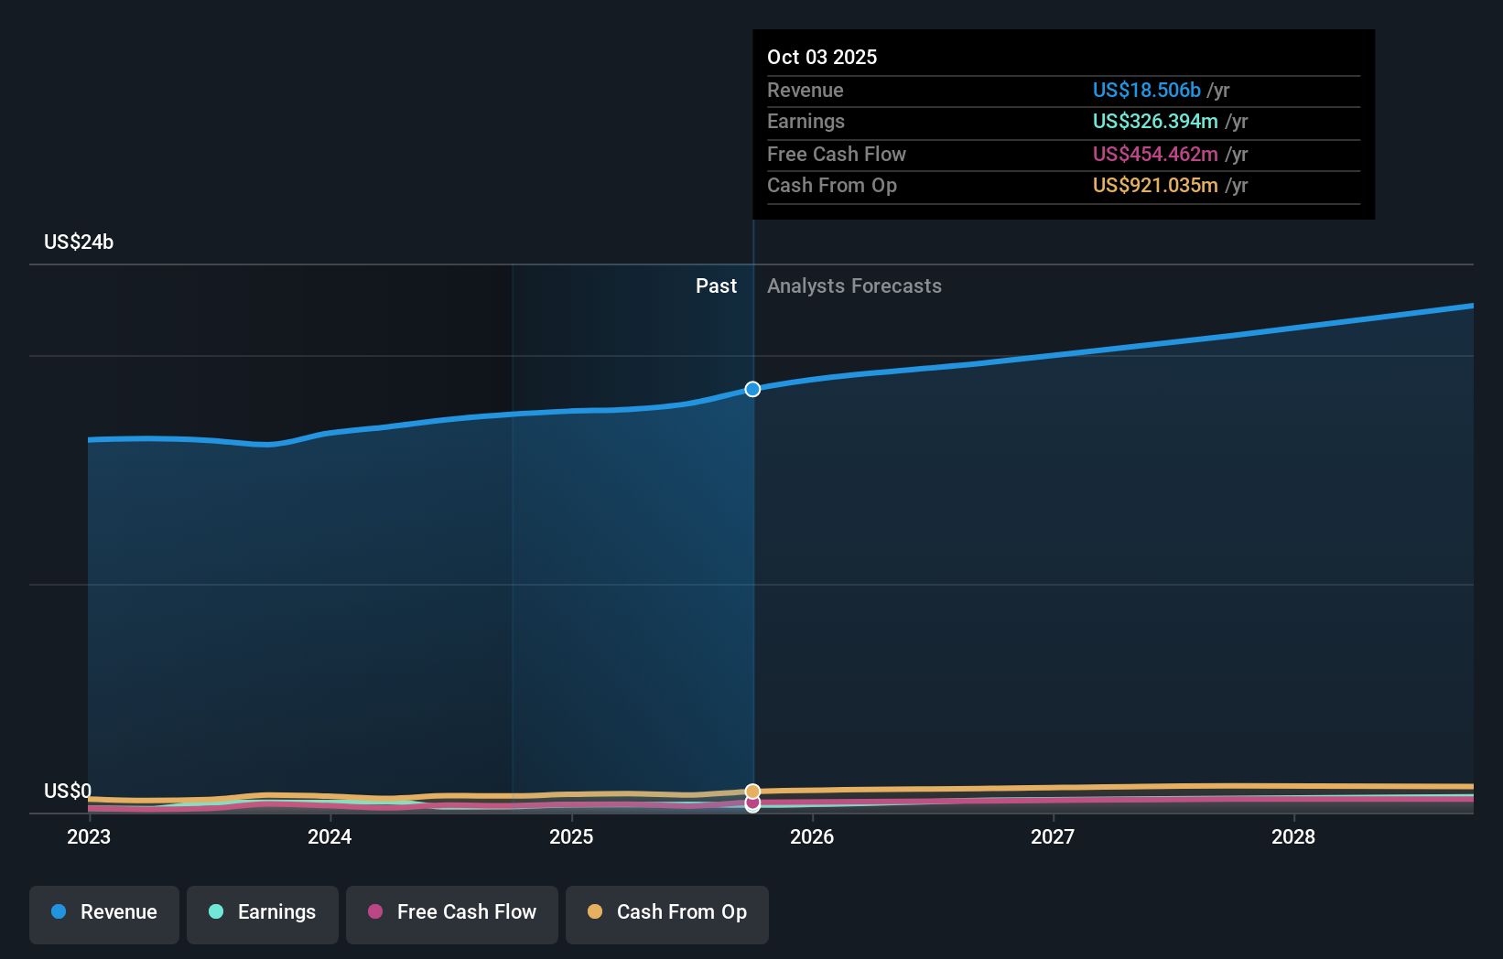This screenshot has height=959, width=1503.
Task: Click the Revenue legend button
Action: point(104,913)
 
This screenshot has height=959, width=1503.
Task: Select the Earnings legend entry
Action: point(263,913)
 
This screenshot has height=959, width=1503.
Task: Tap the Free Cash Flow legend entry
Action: point(452,913)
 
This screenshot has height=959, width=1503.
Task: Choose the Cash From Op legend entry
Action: point(667,913)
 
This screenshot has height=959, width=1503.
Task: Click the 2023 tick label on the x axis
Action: point(89,837)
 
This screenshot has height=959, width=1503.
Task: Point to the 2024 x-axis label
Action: point(330,837)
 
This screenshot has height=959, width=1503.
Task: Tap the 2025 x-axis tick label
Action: point(571,837)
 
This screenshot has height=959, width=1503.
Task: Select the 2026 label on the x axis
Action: point(812,837)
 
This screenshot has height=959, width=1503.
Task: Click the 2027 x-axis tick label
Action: point(1053,837)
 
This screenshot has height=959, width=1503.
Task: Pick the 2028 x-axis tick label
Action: point(1293,837)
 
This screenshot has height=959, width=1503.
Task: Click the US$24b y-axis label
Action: point(79,242)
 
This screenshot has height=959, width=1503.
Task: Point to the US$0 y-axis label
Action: point(68,792)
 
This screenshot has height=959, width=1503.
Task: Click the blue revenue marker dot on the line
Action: point(752,390)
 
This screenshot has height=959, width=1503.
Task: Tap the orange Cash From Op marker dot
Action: point(752,791)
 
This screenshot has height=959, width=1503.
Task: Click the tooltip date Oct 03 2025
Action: point(822,58)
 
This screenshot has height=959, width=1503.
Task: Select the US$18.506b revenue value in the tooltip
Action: point(1146,91)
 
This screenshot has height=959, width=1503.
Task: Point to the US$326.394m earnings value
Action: point(1155,122)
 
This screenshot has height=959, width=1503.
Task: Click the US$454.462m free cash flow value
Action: point(1155,155)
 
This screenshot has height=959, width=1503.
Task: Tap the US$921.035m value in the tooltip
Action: point(1155,186)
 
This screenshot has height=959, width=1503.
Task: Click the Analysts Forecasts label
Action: point(854,286)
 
